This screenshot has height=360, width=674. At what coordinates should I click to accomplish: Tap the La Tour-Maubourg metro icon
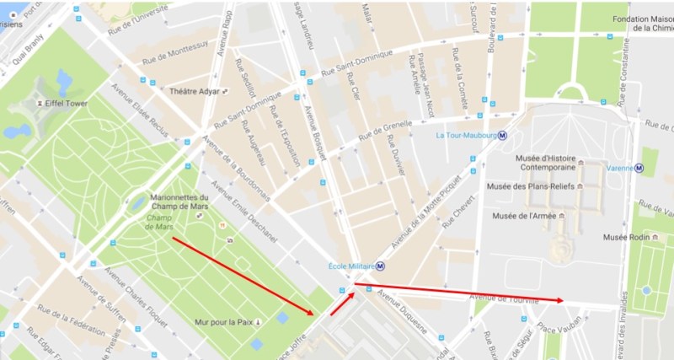[x=503, y=135]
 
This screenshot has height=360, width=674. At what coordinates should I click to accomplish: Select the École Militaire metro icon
[x=381, y=267]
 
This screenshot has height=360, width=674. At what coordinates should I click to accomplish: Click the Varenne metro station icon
[x=639, y=167]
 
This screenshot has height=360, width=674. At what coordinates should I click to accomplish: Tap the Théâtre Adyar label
[x=195, y=91]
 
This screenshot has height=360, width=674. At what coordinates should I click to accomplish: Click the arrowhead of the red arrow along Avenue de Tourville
[x=559, y=299]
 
